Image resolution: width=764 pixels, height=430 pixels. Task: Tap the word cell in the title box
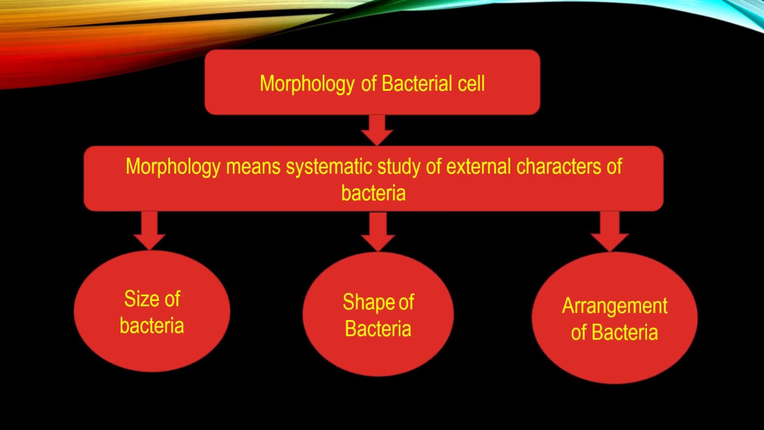[471, 84]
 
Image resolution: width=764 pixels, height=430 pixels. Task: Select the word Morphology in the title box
[307, 84]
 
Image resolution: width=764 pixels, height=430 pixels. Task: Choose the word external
[479, 167]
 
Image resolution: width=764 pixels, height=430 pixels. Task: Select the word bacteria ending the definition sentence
[373, 193]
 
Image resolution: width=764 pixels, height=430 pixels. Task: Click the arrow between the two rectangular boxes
[377, 130]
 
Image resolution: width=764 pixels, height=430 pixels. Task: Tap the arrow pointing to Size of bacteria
[149, 230]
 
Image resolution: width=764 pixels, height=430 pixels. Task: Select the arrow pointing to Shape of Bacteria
[377, 231]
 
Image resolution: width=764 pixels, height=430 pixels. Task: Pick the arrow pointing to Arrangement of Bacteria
[609, 231]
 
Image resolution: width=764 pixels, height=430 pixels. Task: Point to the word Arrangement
[615, 306]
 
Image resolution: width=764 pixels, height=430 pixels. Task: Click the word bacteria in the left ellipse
[152, 325]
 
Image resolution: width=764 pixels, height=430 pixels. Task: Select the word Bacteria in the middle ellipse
[378, 328]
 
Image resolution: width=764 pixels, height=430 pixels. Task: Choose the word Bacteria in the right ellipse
[625, 332]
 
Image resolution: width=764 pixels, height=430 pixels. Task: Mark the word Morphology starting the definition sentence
[173, 167]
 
